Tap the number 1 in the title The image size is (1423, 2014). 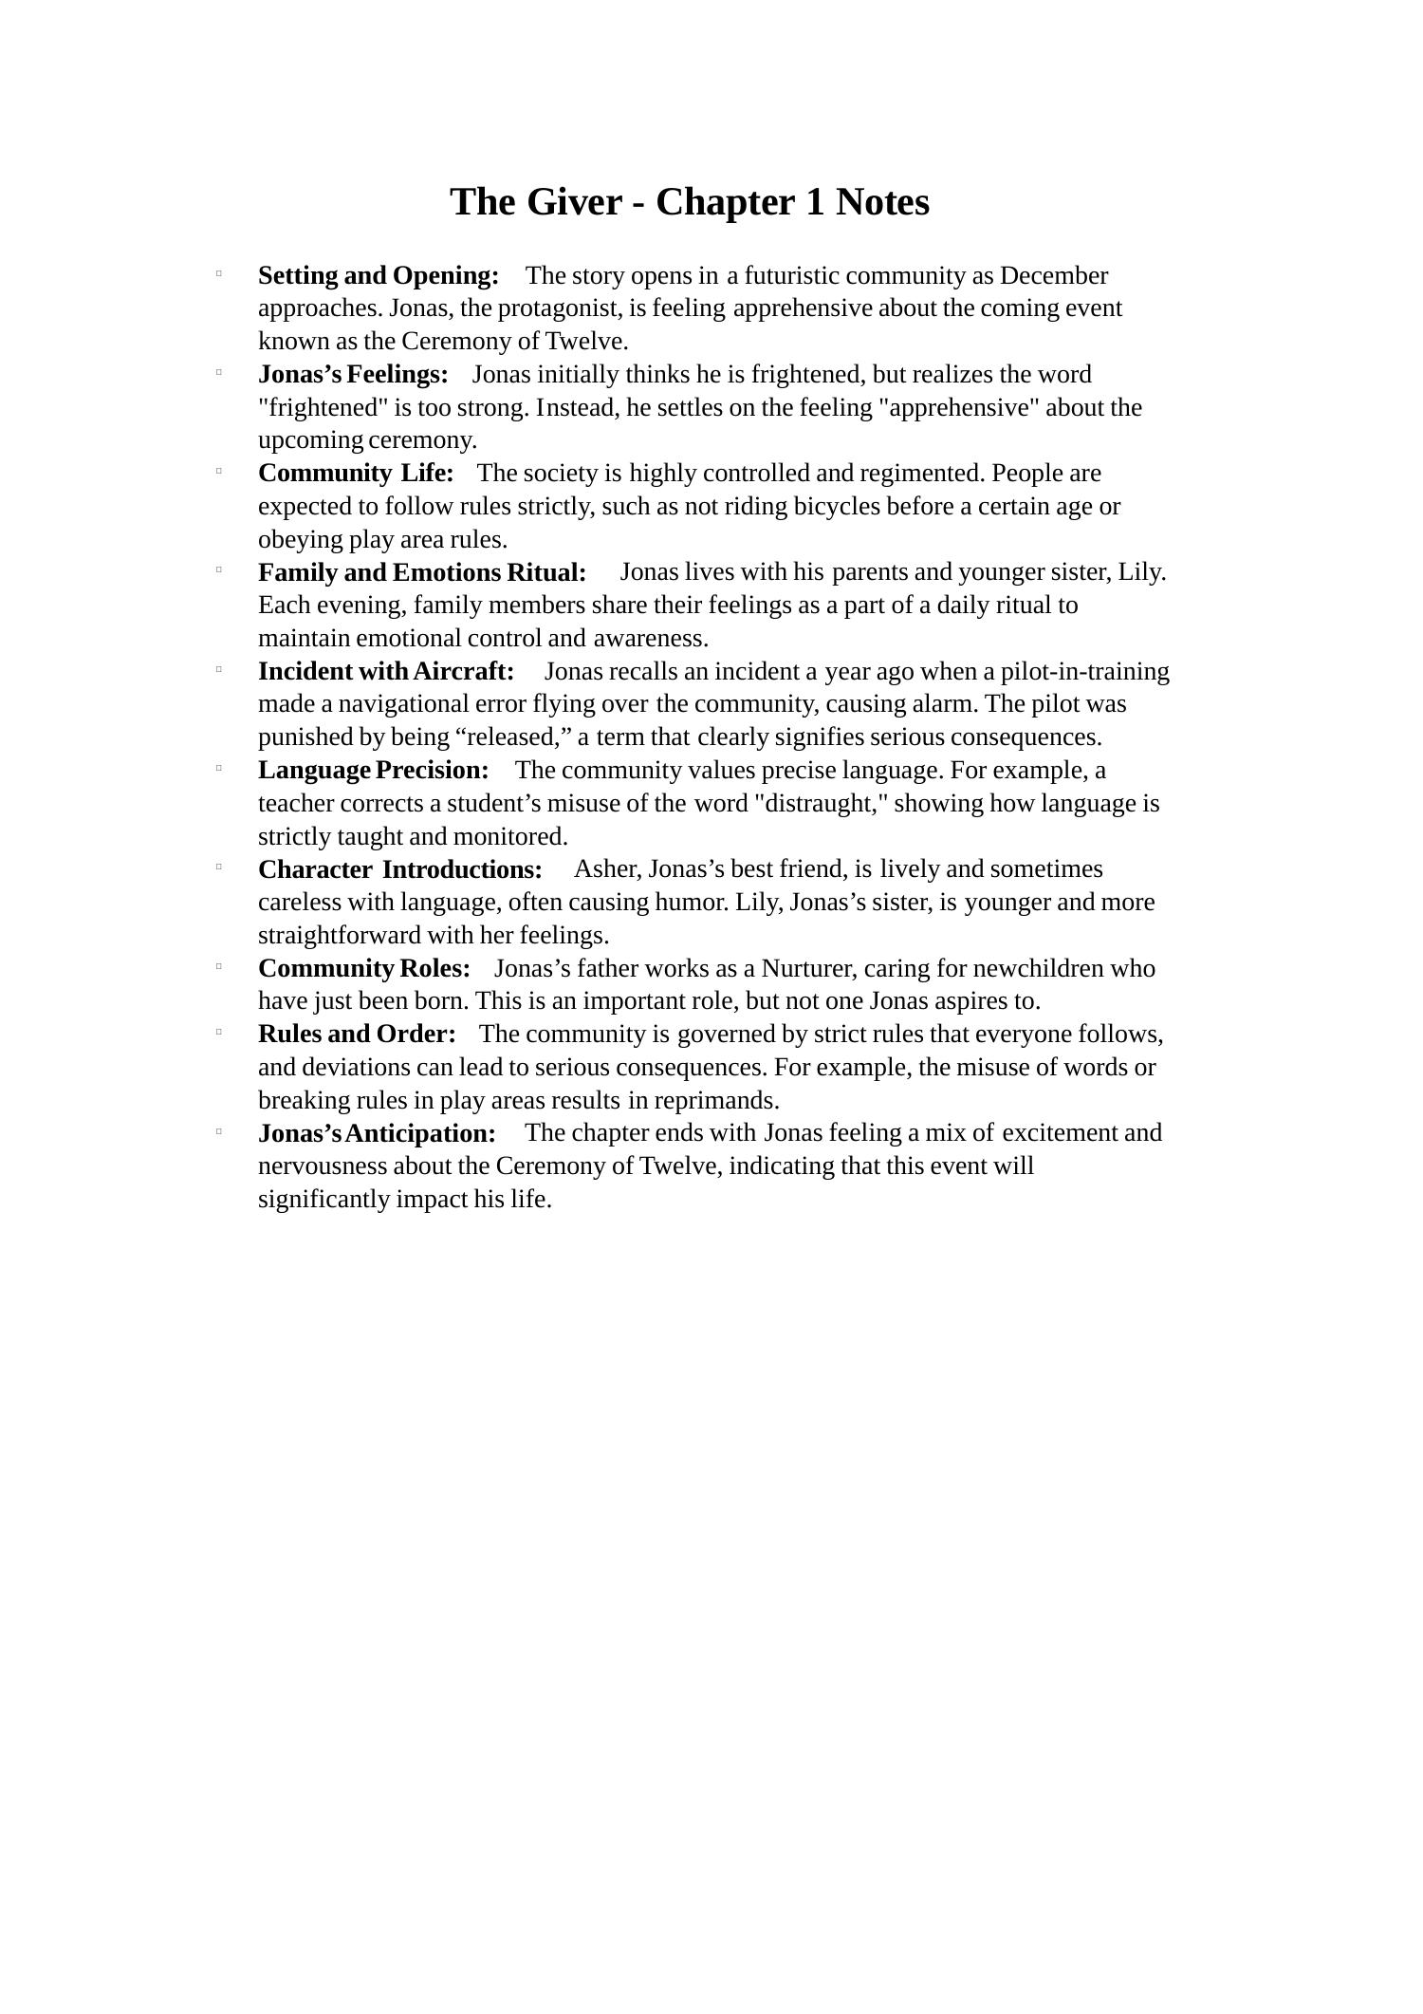(x=815, y=202)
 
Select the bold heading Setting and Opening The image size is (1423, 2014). (x=379, y=275)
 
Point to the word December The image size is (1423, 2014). (x=1053, y=275)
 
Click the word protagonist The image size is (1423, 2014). (x=560, y=308)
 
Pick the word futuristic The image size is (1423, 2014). (x=791, y=275)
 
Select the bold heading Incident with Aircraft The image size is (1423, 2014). (x=386, y=671)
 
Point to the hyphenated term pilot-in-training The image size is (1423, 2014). (x=1085, y=671)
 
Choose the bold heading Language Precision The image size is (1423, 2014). (x=374, y=770)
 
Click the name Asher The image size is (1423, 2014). (x=607, y=868)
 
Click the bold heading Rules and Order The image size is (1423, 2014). (x=357, y=1034)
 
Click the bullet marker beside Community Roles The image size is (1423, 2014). (x=219, y=966)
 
